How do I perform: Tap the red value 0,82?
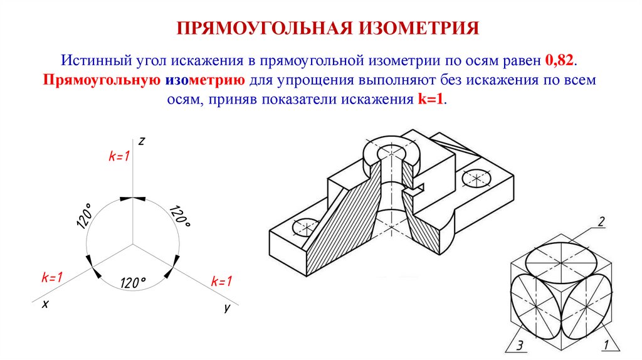560,61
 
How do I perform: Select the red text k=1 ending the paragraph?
431,100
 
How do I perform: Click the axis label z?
142,141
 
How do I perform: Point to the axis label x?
45,304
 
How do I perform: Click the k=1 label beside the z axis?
118,157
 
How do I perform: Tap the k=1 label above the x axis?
52,277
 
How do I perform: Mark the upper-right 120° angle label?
179,216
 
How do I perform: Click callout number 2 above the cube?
601,221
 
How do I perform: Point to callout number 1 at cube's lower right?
606,344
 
